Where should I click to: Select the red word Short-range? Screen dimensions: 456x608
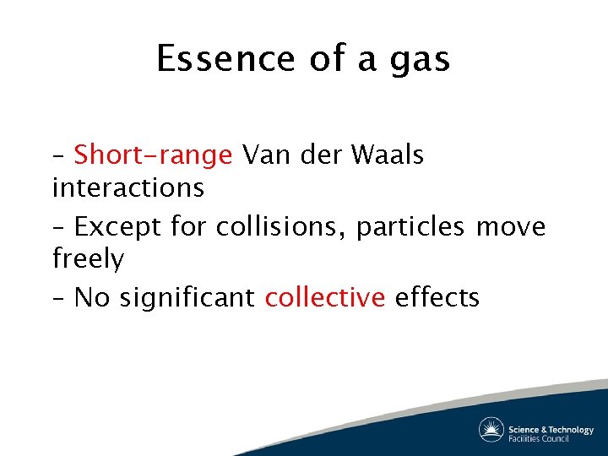[153, 155]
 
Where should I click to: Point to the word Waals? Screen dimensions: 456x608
[388, 155]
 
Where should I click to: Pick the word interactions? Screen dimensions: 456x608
[128, 187]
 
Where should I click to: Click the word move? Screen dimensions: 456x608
[511, 227]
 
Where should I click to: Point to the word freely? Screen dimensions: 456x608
[88, 259]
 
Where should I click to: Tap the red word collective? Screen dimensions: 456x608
[325, 297]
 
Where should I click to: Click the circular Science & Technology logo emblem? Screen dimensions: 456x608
[491, 430]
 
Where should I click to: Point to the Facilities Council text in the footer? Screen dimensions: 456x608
[539, 437]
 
